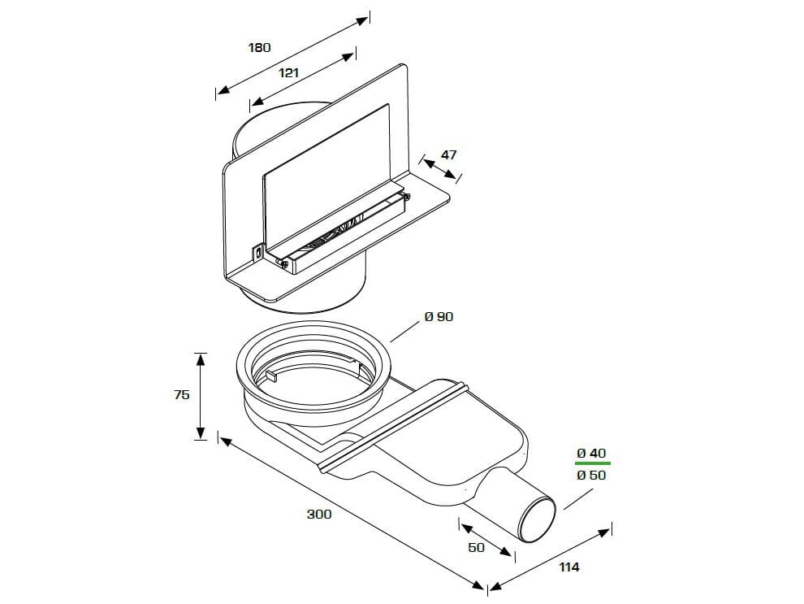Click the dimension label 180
click(259, 47)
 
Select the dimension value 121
click(288, 72)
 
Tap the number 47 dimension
click(448, 154)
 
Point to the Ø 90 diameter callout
click(439, 317)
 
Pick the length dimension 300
click(318, 514)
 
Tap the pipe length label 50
click(476, 547)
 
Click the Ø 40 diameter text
click(591, 453)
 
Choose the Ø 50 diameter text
click(591, 475)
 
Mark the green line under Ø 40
click(592, 463)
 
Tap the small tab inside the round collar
click(272, 376)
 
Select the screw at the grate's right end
click(407, 194)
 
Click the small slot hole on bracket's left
click(257, 253)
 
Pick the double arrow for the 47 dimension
click(439, 168)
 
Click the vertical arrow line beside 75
click(201, 396)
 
